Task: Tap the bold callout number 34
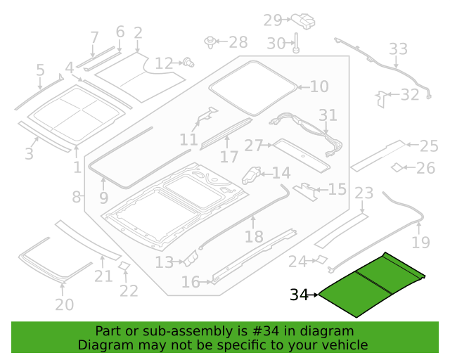tap(299, 295)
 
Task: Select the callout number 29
tap(273, 20)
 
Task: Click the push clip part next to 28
tap(210, 42)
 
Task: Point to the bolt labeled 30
tap(296, 43)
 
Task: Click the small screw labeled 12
tap(189, 62)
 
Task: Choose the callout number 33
tap(398, 49)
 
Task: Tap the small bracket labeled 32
tap(381, 99)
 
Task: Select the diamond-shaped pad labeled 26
tap(397, 167)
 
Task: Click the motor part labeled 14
tap(251, 175)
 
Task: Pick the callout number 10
tap(319, 86)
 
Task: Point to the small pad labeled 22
tap(124, 266)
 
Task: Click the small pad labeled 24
tap(321, 259)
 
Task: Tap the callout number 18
tap(254, 237)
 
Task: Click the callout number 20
tap(64, 304)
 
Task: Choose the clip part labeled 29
tap(303, 21)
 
